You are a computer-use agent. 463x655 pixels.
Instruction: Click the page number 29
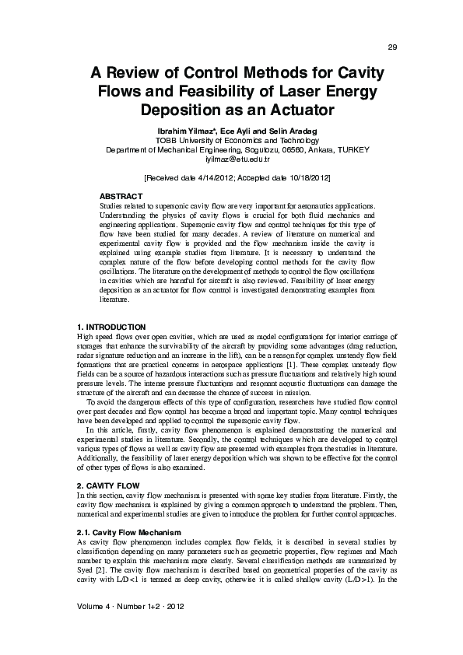(x=392, y=47)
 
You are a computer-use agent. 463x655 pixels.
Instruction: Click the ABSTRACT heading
(x=121, y=196)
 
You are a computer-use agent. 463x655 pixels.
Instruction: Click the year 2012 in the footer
(x=170, y=604)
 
